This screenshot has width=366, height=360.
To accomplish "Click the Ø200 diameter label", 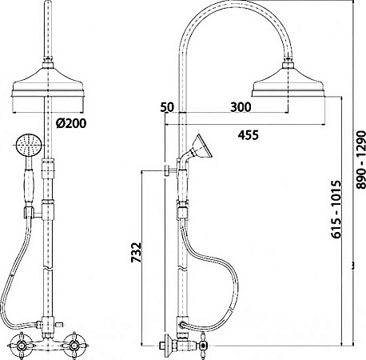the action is point(71,123).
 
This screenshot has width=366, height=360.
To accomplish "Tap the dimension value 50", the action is point(167,107).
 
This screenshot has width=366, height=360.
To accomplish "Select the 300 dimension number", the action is point(241,107).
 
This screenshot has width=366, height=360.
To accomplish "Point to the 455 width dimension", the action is point(249,135).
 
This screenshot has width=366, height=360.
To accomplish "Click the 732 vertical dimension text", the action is point(137,252).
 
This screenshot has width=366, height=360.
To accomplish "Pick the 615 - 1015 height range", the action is point(336,209).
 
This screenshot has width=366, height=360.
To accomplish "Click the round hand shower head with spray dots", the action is point(29,146).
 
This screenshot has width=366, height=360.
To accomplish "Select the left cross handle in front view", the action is point(20,346).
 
